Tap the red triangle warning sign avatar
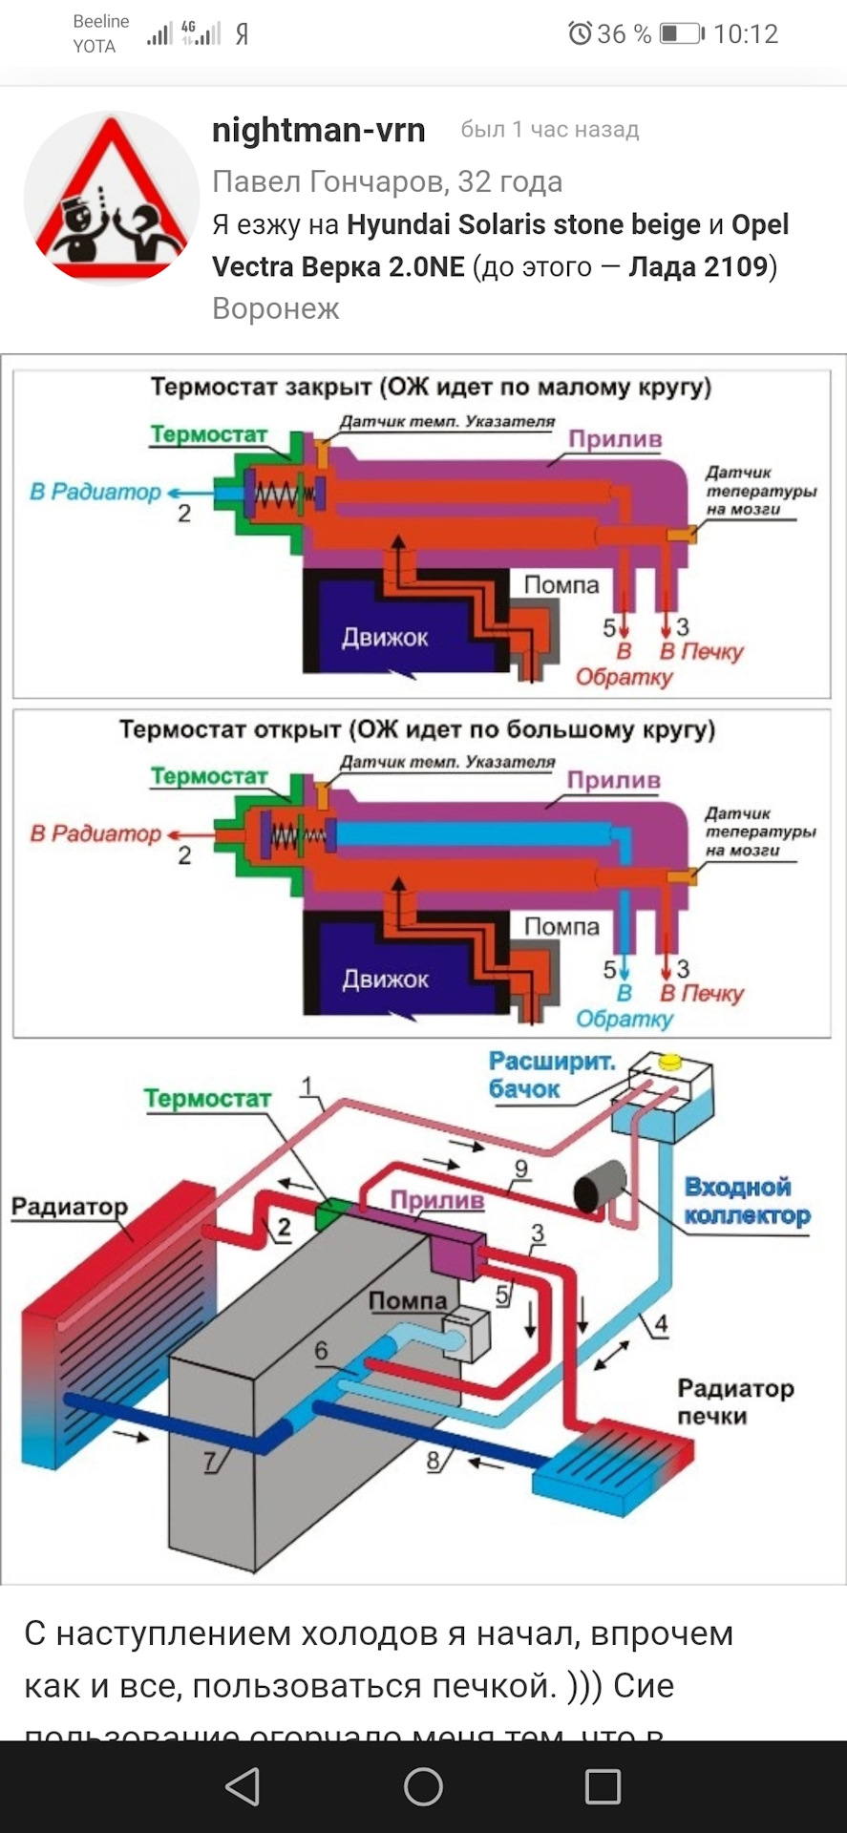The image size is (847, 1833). [111, 198]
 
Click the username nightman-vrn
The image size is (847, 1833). [318, 130]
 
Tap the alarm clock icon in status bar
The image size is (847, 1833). [580, 34]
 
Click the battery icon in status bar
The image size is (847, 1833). [681, 34]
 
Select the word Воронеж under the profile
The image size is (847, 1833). [275, 308]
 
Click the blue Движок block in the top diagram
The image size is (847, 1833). [385, 637]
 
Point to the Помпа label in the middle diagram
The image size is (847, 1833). [561, 926]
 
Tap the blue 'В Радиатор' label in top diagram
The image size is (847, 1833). [95, 492]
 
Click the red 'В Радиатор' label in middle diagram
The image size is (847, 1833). [95, 833]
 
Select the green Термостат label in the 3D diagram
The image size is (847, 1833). [207, 1099]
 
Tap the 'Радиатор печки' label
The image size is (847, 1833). [734, 1401]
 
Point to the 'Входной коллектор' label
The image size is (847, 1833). [747, 1201]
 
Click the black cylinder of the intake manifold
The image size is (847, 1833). [599, 1187]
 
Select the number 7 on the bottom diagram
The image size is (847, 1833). [210, 1462]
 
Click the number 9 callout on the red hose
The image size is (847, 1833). [520, 1169]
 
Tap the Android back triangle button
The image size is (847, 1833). [243, 1786]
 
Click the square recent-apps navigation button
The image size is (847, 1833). [603, 1786]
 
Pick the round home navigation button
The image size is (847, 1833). [423, 1786]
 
